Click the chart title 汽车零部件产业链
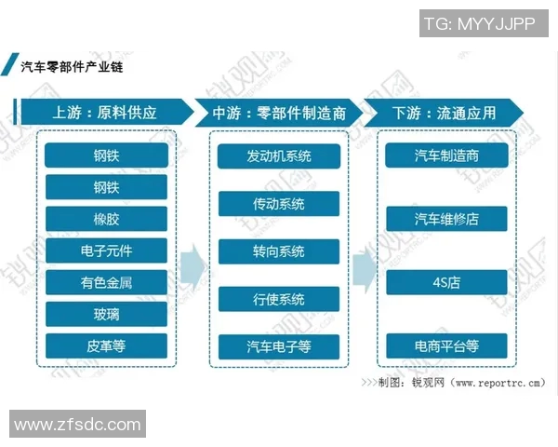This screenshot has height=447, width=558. (73, 67)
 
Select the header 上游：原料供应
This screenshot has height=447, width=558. (105, 114)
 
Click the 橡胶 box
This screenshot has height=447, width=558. (106, 219)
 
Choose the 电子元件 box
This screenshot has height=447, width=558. (106, 251)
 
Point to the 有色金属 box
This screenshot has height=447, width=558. (106, 282)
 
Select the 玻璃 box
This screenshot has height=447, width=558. (106, 314)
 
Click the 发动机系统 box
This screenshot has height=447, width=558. (278, 156)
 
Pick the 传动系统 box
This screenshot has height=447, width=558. (278, 203)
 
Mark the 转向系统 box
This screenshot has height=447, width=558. (278, 251)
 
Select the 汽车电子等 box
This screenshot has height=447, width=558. (278, 346)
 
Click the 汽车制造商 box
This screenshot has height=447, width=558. (446, 156)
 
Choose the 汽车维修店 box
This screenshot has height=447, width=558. (446, 219)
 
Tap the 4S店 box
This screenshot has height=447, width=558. (446, 282)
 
